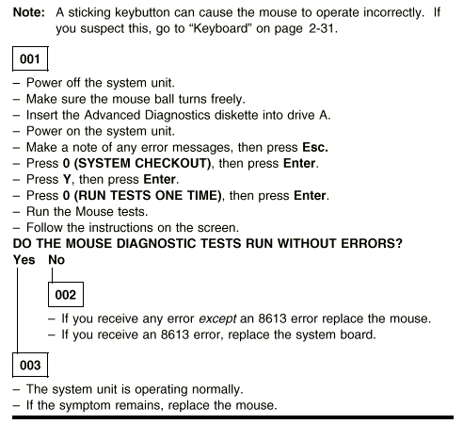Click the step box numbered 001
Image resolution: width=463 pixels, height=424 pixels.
pos(30,58)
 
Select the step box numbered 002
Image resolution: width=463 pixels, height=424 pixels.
pos(66,294)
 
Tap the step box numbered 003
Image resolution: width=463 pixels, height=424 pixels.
pos(30,365)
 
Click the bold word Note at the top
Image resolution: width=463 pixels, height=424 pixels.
pos(29,12)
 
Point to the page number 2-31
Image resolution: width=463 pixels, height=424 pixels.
pos(321,28)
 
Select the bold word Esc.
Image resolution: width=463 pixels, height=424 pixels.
pos(315,147)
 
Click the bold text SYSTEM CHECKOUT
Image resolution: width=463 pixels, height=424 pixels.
pos(142,163)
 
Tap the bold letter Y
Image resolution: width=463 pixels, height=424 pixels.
pos(67,179)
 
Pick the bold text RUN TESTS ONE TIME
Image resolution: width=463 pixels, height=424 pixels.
pos(148,195)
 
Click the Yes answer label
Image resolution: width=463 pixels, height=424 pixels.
pos(24,260)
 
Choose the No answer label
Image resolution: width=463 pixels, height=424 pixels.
pos(56,260)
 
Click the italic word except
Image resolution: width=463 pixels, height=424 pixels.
pos(217,318)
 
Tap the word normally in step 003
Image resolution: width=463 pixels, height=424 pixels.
pos(217,389)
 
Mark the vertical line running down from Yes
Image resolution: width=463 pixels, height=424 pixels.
pos(17,310)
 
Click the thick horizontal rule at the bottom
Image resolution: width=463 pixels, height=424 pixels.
pos(232,417)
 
